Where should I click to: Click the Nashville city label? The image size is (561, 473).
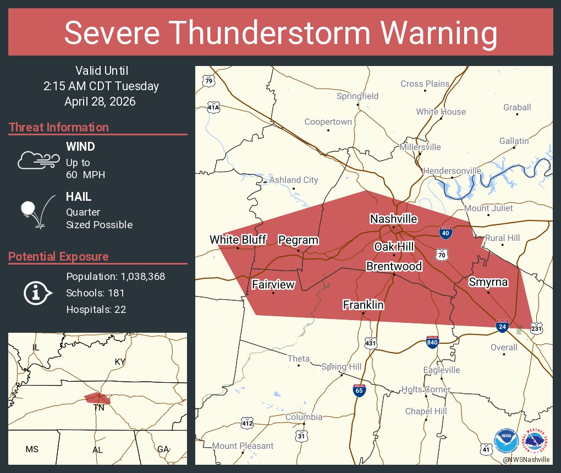(x=393, y=219)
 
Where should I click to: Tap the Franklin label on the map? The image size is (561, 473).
(x=363, y=305)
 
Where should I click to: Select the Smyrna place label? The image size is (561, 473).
(x=488, y=282)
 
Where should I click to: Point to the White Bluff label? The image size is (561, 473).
(x=238, y=239)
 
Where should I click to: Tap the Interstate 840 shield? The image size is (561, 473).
(x=432, y=342)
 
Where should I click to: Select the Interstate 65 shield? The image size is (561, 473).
(x=359, y=391)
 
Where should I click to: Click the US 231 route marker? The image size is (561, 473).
(x=537, y=328)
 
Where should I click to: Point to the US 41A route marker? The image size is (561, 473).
(x=213, y=107)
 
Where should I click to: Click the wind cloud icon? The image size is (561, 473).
(x=37, y=160)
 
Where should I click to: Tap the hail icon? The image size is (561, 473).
(x=37, y=211)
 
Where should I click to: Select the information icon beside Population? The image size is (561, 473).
(x=37, y=293)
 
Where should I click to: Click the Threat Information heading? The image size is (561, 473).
(x=59, y=127)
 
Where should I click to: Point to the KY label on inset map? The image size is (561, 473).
(x=120, y=361)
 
